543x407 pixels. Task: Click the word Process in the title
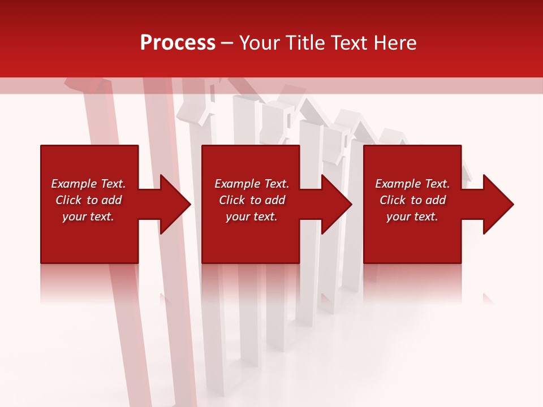178,43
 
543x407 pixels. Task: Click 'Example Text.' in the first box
88,184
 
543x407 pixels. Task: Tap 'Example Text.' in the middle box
252,184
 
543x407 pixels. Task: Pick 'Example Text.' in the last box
412,184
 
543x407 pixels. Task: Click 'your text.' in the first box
88,217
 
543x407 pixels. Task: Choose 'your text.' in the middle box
252,217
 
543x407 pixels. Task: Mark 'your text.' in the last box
412,217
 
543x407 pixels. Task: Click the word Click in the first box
69,200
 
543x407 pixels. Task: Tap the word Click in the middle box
232,200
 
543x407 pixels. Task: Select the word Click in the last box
393,200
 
